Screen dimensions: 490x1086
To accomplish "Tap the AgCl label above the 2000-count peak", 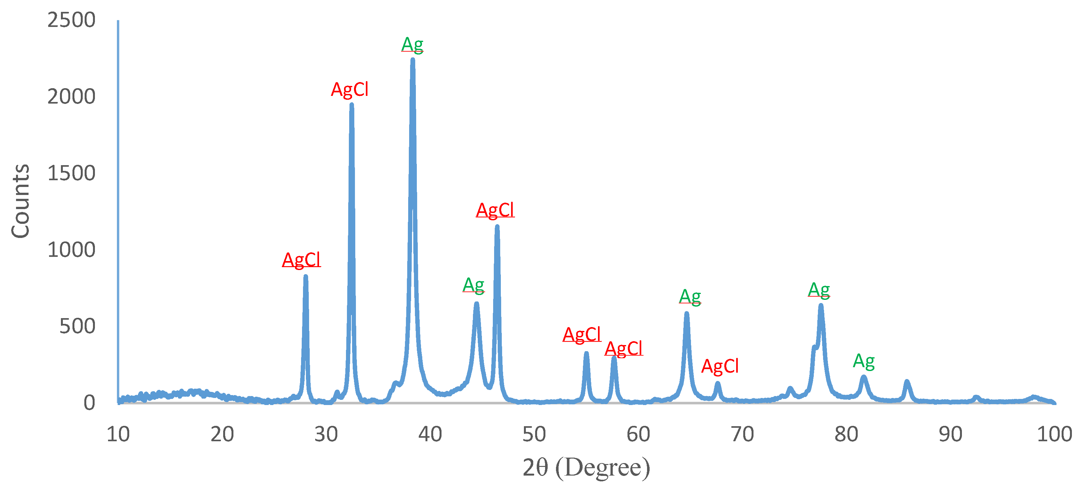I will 349,90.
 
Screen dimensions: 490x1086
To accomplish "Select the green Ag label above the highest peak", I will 412,45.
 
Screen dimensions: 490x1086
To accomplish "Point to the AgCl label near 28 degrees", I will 301,260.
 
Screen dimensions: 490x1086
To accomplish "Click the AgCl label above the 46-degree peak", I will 495,210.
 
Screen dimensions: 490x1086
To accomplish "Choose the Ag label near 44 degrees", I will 473,285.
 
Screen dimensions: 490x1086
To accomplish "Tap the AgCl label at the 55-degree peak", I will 582,335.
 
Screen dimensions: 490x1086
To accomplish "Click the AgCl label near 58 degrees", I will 624,349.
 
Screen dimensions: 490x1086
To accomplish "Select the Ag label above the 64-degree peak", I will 690,297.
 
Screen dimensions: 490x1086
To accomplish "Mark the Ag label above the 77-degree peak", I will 819,290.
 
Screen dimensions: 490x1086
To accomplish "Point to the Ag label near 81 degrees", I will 863,361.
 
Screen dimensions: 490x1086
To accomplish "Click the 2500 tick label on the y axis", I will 71,20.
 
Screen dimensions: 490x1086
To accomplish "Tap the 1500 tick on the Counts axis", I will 71,173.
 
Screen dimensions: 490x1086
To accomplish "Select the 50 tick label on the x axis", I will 534,434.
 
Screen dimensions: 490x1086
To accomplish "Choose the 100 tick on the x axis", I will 1054,434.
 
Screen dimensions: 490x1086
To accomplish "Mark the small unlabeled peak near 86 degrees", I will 907,382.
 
